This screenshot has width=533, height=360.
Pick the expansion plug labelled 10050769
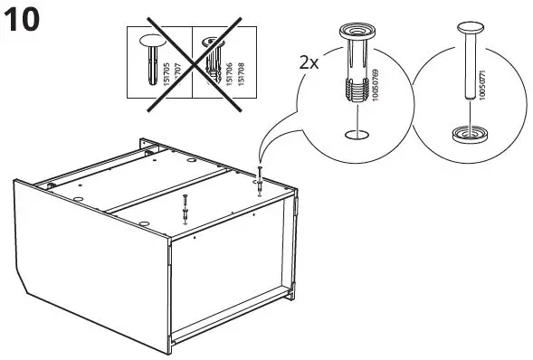click(354, 68)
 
